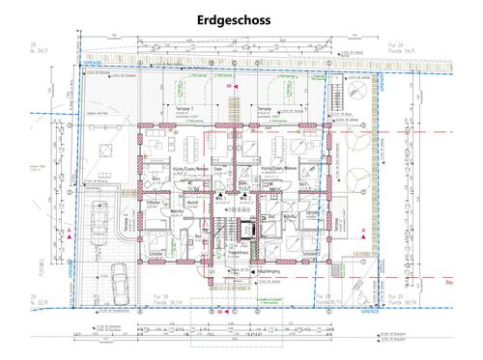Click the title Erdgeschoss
point(240,18)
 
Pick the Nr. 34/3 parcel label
point(38,50)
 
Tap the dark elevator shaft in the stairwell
point(246,229)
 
